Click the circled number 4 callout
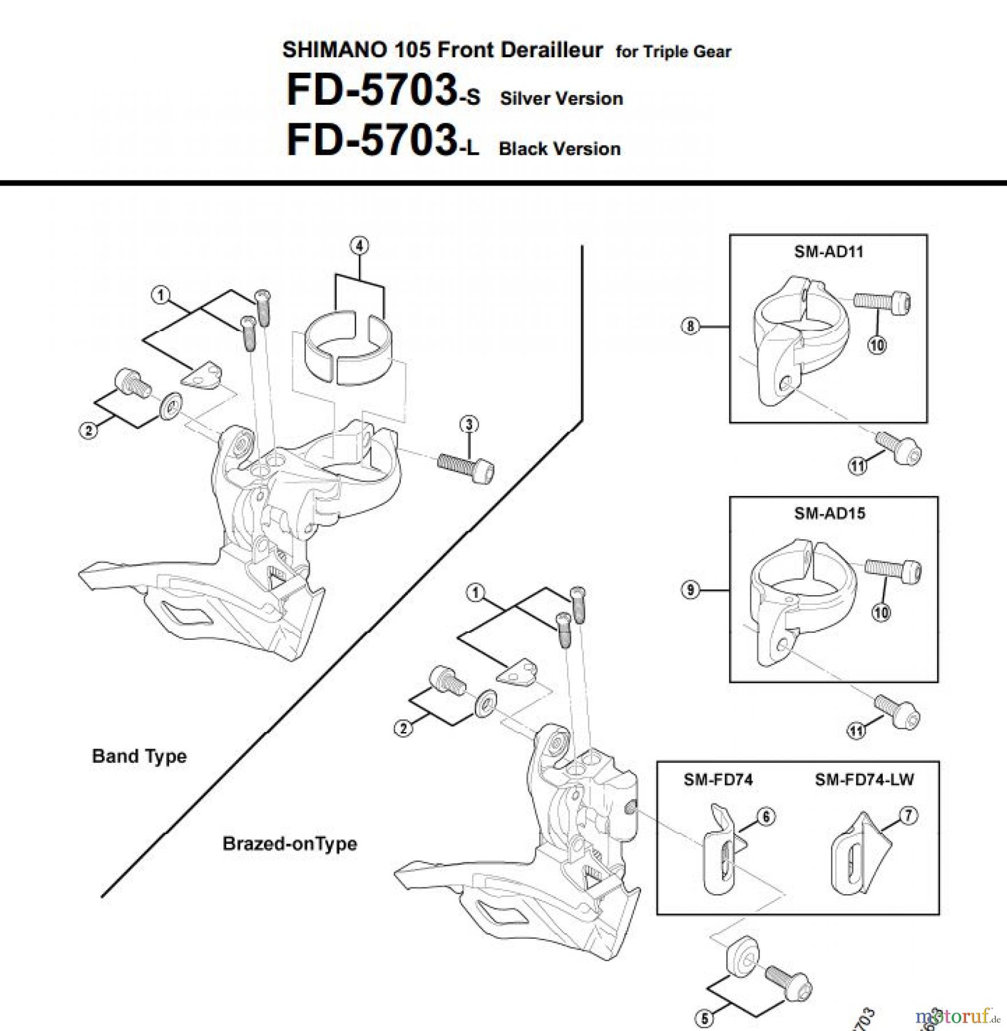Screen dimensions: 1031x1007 coord(359,246)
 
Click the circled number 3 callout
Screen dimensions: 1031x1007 coord(469,424)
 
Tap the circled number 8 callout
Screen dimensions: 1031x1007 coord(690,326)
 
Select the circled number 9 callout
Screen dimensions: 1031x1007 coord(690,589)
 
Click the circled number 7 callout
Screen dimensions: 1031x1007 coord(909,816)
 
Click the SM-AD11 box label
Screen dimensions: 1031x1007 coord(828,251)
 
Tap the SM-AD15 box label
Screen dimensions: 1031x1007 coord(829,513)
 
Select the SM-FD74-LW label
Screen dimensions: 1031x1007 coord(864,780)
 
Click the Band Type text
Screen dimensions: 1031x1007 coord(139,756)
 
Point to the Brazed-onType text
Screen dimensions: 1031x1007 coord(289,844)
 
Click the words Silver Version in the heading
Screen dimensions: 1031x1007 coord(561,99)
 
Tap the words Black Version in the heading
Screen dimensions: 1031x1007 coord(560,149)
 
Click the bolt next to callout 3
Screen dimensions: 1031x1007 coord(466,469)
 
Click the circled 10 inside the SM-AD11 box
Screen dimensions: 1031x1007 coord(877,345)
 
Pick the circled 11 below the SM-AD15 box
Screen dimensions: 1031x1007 coord(856,731)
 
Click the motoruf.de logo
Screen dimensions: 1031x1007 coord(957,1017)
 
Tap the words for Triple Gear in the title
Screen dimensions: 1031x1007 coord(673,52)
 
